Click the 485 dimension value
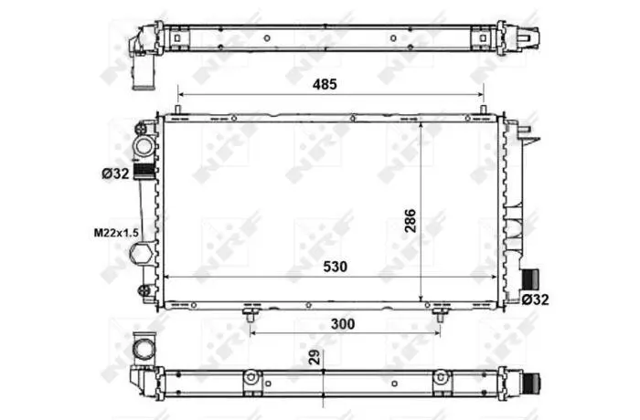point(325,84)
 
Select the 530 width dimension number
point(336,267)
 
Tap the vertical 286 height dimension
point(411,221)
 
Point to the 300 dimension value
point(343,324)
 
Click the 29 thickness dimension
point(315,357)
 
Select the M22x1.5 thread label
point(116,233)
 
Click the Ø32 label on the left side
point(115,173)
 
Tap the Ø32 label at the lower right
point(536,299)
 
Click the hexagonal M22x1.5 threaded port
point(141,254)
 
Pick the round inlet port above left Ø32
point(144,146)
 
